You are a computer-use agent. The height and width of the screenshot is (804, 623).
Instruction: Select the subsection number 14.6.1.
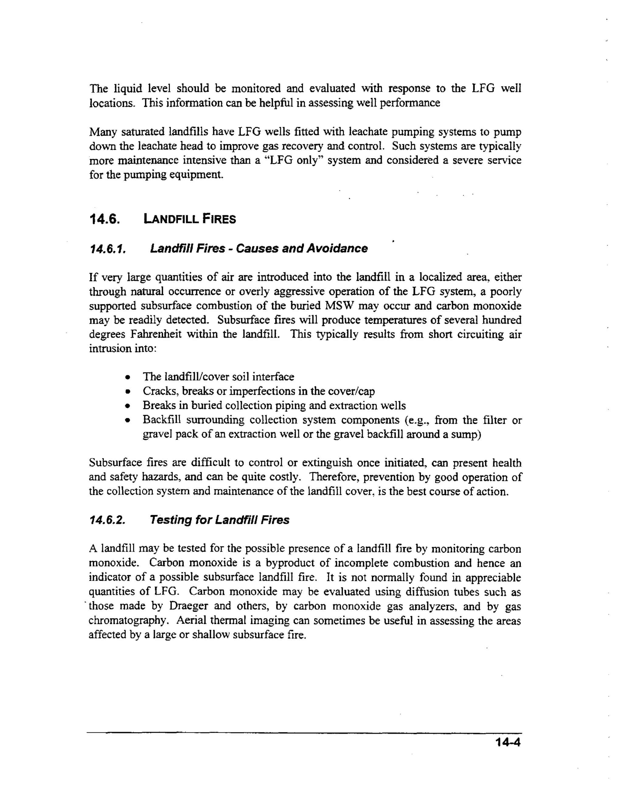108,249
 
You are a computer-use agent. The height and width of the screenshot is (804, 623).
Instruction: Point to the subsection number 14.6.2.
107,520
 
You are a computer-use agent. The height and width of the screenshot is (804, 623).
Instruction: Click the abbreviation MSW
339,306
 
